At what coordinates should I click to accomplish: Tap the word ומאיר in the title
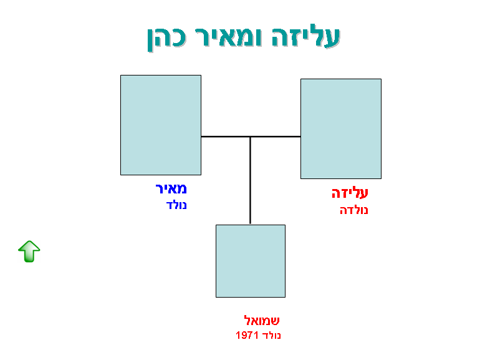(228, 37)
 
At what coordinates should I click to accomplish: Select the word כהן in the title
(166, 39)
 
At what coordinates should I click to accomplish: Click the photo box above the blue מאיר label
(161, 125)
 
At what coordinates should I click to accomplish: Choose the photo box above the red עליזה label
(341, 129)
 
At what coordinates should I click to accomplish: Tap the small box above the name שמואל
(251, 261)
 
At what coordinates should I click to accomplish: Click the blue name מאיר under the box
(171, 188)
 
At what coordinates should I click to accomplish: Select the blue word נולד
(176, 205)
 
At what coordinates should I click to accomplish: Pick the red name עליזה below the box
(350, 193)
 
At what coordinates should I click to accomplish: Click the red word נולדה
(353, 210)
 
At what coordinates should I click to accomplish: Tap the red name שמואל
(262, 320)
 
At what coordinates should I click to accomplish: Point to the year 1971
(247, 335)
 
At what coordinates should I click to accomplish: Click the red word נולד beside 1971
(272, 335)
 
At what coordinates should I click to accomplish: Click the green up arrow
(29, 251)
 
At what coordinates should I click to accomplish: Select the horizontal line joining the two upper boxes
(251, 137)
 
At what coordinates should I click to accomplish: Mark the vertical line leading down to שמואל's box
(250, 180)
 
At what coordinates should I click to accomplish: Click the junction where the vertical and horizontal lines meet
(250, 137)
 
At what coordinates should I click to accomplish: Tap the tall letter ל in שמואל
(247, 320)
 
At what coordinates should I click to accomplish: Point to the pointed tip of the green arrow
(29, 241)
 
